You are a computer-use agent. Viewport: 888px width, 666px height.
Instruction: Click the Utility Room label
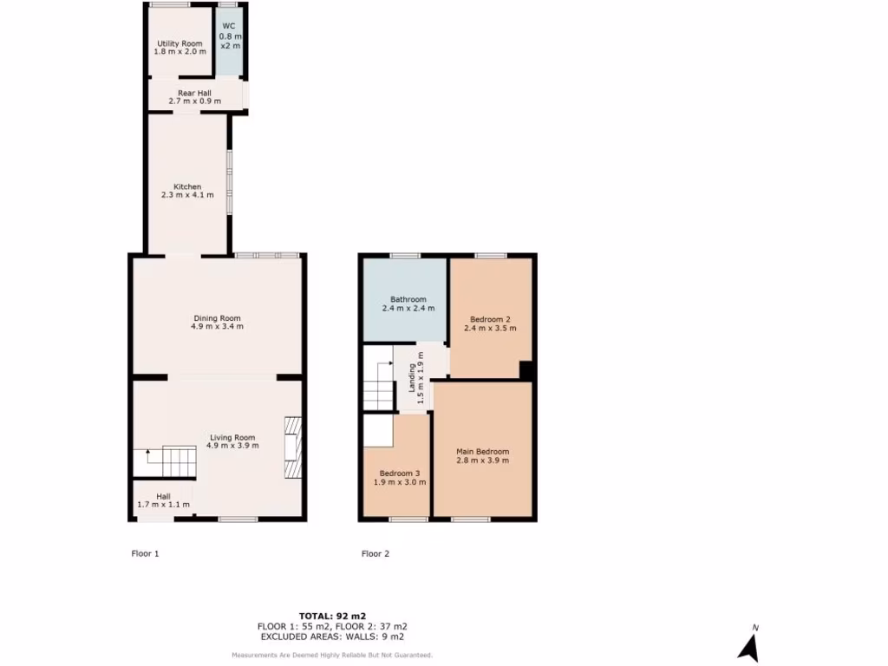pos(180,43)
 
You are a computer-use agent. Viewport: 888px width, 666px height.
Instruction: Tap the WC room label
pos(229,26)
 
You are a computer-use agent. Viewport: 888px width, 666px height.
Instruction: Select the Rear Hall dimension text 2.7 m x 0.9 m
pos(194,101)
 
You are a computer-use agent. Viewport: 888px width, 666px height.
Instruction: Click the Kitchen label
pos(187,186)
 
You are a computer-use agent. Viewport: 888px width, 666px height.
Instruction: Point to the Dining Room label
pos(217,317)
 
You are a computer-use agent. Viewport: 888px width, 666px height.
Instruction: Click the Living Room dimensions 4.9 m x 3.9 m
pos(231,446)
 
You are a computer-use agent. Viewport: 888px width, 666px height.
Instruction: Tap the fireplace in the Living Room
pos(293,447)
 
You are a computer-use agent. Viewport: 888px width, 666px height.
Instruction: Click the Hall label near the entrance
pos(163,497)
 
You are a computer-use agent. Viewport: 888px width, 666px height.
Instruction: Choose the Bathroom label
pos(408,299)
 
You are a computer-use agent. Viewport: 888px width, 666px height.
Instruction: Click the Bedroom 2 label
pos(490,318)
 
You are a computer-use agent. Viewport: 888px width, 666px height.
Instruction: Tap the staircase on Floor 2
pos(378,386)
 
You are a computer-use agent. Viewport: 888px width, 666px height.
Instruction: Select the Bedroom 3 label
pos(399,473)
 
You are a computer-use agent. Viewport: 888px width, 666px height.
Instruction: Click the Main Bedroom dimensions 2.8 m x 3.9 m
pos(482,460)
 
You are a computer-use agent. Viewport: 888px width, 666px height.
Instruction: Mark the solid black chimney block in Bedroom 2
pos(526,370)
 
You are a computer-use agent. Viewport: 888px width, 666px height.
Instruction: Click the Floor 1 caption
pos(145,553)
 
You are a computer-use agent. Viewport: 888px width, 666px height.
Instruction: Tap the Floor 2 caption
pos(375,553)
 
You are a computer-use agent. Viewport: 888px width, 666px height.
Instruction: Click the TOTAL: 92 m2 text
pos(332,616)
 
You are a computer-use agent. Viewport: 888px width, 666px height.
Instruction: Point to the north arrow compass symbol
pos(748,646)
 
